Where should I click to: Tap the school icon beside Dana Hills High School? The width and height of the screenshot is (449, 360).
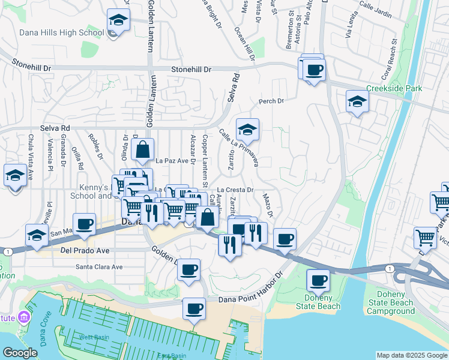point(119,21)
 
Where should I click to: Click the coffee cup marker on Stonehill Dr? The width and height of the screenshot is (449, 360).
point(313,70)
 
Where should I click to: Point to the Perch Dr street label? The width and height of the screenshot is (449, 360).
point(271,101)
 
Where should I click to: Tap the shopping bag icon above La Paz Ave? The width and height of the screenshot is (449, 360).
point(143,151)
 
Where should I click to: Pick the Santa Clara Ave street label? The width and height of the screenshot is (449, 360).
point(99,267)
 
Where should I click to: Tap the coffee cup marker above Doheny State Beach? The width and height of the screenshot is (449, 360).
point(318,280)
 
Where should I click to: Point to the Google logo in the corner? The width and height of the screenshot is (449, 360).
point(20,353)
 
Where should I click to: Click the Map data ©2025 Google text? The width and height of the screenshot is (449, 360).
point(412,355)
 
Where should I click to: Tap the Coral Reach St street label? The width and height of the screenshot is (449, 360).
point(390,61)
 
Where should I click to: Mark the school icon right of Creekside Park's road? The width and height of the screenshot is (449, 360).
point(357,102)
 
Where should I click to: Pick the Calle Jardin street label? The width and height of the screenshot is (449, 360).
point(375,12)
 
